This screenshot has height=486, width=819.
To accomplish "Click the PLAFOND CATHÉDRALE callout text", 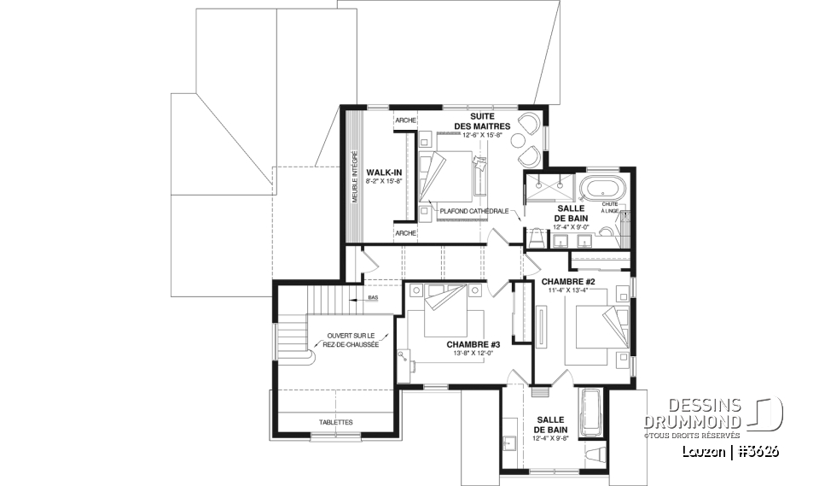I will (x=474, y=210).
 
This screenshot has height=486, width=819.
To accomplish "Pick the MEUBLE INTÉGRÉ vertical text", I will (x=354, y=178).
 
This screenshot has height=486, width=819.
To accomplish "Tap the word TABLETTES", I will (x=337, y=422).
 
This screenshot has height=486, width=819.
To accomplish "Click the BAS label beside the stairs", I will (x=373, y=298).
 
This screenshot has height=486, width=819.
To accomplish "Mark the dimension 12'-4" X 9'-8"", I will (x=549, y=437).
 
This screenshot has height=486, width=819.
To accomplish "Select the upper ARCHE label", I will (x=405, y=120).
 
